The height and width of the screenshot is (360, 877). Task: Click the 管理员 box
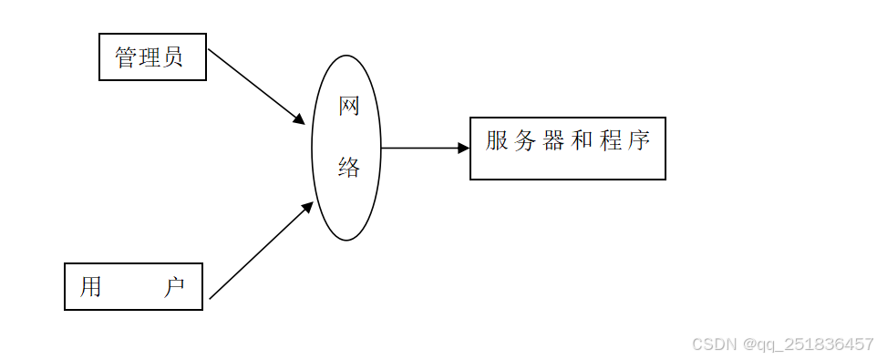pos(152,57)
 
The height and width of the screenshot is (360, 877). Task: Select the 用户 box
pos(133,287)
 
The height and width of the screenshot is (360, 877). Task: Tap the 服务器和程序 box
pos(567,149)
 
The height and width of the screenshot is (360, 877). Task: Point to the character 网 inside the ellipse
pos(349,107)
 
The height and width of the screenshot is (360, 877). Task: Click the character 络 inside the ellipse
pos(349,167)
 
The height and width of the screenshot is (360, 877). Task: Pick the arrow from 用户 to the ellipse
pos(259,252)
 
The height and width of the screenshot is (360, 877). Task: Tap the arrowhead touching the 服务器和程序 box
pos(464,148)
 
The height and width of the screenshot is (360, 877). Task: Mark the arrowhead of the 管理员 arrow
pos(299,118)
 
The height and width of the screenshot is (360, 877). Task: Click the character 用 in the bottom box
pos(90,287)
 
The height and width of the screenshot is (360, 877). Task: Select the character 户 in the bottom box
pos(174,287)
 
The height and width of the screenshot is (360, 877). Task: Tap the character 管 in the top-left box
pos(126,57)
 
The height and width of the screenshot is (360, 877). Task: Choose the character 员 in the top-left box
pos(173,57)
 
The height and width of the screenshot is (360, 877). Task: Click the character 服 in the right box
pos(497,141)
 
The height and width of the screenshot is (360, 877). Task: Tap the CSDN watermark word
pos(714,344)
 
